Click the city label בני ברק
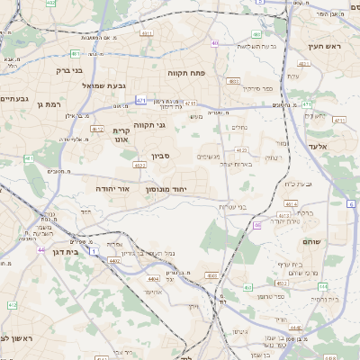click(x=68, y=69)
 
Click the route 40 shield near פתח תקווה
click(x=214, y=42)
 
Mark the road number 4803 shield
click(x=233, y=81)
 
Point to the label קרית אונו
click(x=121, y=134)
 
